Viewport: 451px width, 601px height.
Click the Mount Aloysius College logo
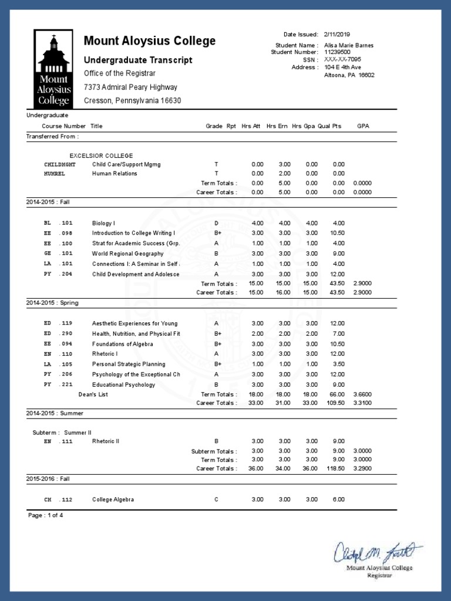click(54, 69)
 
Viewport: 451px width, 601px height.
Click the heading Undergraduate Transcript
click(138, 60)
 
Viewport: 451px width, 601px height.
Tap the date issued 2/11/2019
click(336, 35)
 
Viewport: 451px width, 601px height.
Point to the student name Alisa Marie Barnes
click(349, 45)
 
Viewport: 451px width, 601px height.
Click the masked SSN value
click(342, 60)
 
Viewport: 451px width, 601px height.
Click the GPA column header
click(363, 126)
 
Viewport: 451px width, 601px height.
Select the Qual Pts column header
click(329, 126)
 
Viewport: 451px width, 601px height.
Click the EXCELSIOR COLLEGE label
click(101, 156)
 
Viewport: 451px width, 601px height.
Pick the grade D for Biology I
click(216, 223)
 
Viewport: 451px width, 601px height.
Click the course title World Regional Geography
click(127, 254)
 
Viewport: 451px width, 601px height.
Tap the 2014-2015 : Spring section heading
click(52, 303)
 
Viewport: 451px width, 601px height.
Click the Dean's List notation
click(93, 394)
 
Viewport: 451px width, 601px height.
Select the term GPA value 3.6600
click(362, 394)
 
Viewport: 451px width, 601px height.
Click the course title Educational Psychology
click(123, 385)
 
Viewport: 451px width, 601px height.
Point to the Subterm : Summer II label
click(62, 433)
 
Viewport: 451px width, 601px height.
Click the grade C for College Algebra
click(216, 499)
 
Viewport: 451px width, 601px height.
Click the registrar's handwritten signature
click(373, 552)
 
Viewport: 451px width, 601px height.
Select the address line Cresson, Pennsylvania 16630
click(132, 100)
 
